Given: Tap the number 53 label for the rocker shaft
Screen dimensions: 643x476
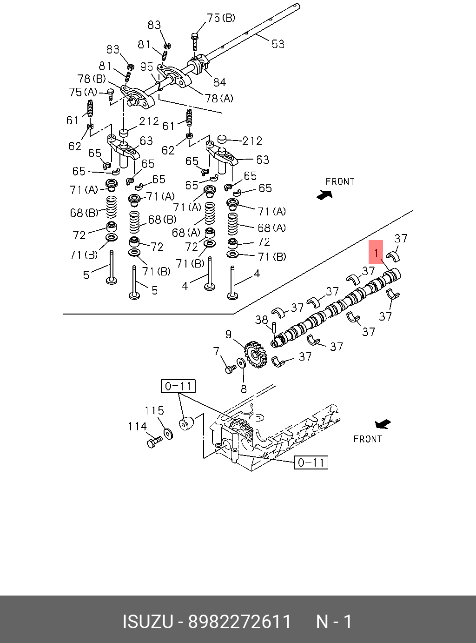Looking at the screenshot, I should coord(278,44).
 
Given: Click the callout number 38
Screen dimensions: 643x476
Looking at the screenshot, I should coord(262,320).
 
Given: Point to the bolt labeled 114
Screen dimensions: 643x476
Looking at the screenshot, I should coord(153,442).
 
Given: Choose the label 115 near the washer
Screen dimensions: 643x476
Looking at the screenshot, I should coord(154,411).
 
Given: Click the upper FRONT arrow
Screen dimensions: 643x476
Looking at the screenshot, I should coord(324,195).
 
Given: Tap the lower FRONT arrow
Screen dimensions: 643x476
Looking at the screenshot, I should coord(383,424).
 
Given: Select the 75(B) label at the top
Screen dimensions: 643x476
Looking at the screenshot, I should coord(221,18).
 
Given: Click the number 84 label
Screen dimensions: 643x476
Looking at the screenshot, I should coord(219,82).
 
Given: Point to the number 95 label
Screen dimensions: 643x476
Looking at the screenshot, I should coord(146,67).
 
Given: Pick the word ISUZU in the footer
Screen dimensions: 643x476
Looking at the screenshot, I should coord(147,622).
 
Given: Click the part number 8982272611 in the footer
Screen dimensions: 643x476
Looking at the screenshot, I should coord(239,622).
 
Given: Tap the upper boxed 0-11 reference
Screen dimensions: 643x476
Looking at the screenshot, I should coord(178,386).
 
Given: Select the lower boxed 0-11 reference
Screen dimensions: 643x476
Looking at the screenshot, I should coord(311,462).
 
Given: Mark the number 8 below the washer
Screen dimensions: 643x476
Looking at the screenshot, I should coord(244,388).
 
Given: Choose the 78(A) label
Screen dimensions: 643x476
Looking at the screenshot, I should coord(219,98).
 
